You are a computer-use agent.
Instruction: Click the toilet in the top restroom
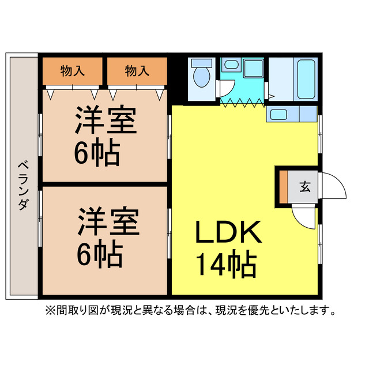pyautogui.click(x=201, y=76)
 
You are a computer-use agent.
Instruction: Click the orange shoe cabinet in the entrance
pyautogui.click(x=283, y=186)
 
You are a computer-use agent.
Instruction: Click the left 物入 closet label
pyautogui.click(x=73, y=71)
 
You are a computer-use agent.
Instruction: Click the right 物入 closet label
pyautogui.click(x=137, y=71)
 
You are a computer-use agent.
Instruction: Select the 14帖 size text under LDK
pyautogui.click(x=226, y=265)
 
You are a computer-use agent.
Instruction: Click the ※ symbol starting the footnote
pyautogui.click(x=49, y=311)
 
